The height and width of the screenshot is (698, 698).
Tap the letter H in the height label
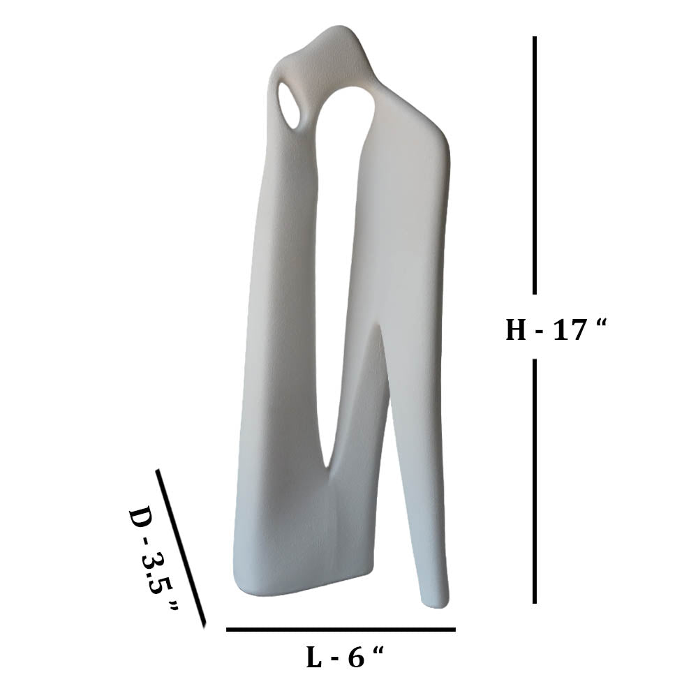click(x=516, y=330)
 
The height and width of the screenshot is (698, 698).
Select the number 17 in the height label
click(x=569, y=330)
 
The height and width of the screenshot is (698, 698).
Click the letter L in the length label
click(x=315, y=658)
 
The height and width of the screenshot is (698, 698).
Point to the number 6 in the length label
click(x=356, y=658)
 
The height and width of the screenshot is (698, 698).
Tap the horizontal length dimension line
click(x=341, y=630)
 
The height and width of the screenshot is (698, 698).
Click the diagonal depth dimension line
click(x=181, y=548)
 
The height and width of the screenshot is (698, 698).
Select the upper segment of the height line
click(x=535, y=165)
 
